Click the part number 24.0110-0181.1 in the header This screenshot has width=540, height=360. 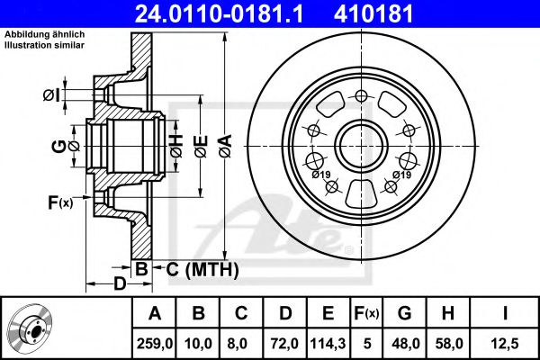coord(219,14)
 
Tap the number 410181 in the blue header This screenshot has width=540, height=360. coord(373,14)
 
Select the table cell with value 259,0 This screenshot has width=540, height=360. coord(154,344)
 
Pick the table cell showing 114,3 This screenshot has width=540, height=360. coord(328,344)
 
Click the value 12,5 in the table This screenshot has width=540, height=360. coord(505,344)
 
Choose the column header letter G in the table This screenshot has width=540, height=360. coord(405,313)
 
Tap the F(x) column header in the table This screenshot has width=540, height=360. coord(366,313)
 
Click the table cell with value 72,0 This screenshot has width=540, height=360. coord(285,344)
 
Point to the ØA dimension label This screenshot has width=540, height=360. coord(226,147)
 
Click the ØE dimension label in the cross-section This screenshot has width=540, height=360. coord(201,147)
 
